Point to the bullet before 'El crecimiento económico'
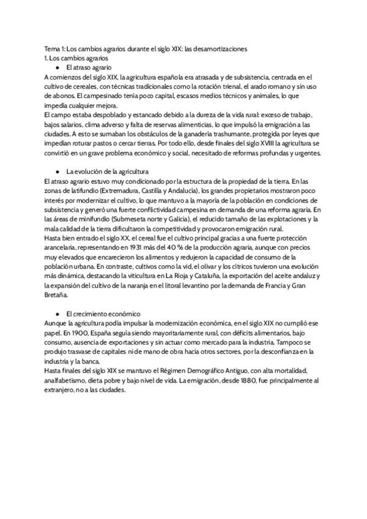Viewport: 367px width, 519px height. pyautogui.click(x=57, y=312)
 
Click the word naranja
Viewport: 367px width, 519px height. pyautogui.click(x=158, y=285)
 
